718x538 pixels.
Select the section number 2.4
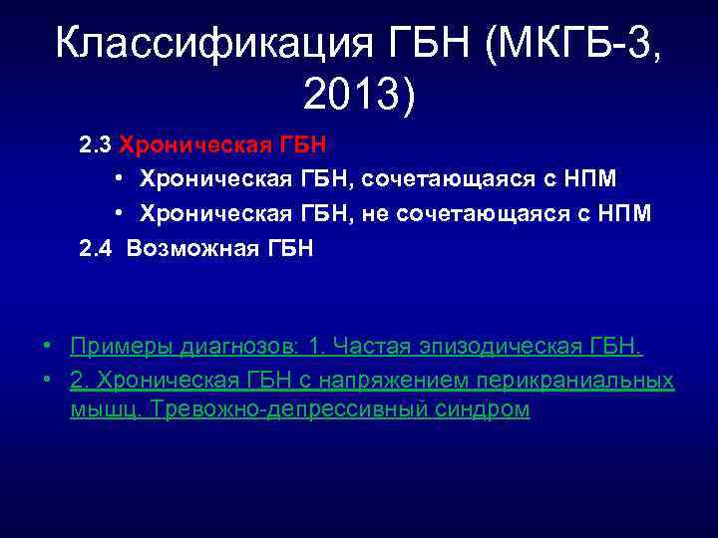click(x=96, y=248)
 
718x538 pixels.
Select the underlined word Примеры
click(x=122, y=346)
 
